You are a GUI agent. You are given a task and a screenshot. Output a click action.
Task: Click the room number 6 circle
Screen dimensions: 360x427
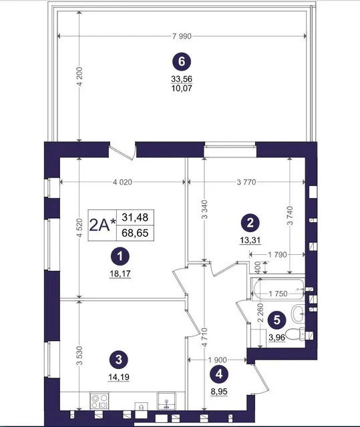point(182,62)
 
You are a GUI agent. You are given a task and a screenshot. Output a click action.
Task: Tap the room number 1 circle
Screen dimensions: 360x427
point(120,256)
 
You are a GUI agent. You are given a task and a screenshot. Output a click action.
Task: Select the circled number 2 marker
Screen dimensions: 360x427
point(250,223)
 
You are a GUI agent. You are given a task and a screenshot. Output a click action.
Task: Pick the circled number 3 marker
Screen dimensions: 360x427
point(118,360)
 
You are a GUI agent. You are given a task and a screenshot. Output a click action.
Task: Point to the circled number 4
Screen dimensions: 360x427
point(219,374)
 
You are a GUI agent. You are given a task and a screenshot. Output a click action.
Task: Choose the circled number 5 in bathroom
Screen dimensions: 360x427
point(277,320)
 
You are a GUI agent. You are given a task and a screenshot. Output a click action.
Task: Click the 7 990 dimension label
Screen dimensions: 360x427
point(182,36)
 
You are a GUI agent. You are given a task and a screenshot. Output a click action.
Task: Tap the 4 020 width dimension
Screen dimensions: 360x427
point(122,182)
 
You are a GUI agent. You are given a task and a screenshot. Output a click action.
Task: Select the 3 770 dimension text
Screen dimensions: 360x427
point(246,182)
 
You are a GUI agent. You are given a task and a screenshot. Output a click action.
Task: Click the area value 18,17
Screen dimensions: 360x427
point(120,274)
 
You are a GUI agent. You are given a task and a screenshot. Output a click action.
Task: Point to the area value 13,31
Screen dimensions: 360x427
point(250,240)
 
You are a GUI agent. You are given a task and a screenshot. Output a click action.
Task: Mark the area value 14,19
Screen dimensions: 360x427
point(118,377)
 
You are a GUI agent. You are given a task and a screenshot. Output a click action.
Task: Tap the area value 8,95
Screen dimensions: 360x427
point(219,392)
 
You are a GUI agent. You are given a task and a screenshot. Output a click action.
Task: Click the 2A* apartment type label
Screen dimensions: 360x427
point(102,226)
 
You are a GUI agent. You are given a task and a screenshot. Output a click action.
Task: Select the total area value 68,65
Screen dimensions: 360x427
point(135,233)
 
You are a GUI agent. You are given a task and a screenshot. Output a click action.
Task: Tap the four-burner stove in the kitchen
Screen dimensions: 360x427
point(100,401)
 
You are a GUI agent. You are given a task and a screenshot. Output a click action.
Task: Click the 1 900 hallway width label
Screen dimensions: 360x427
point(217,360)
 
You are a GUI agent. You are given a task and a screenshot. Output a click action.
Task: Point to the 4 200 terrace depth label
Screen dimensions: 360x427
point(79,76)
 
